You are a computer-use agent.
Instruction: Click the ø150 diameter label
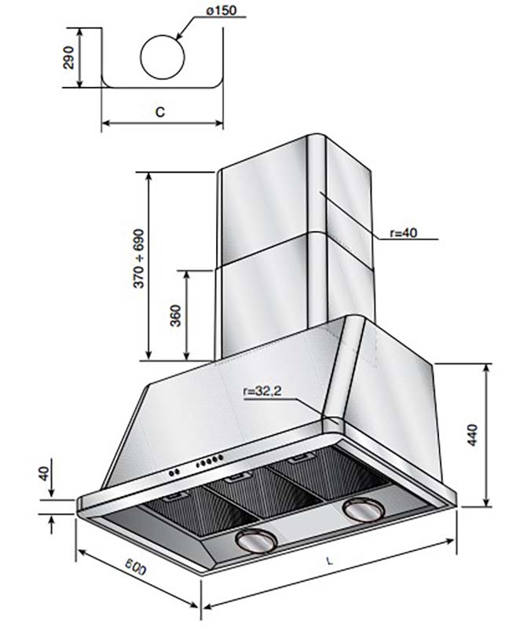point(221,11)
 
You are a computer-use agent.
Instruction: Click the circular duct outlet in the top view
point(163,57)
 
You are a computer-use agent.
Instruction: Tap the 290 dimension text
point(69,57)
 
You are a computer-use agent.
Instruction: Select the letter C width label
point(160,111)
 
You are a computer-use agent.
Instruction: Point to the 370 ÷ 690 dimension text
point(138,258)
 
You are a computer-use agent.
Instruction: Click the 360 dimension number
point(176,316)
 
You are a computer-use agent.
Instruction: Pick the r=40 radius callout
point(404,232)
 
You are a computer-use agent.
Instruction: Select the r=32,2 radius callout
point(262,391)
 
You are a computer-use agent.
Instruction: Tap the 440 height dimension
point(473,435)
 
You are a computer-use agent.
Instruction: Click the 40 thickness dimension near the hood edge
point(45,473)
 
